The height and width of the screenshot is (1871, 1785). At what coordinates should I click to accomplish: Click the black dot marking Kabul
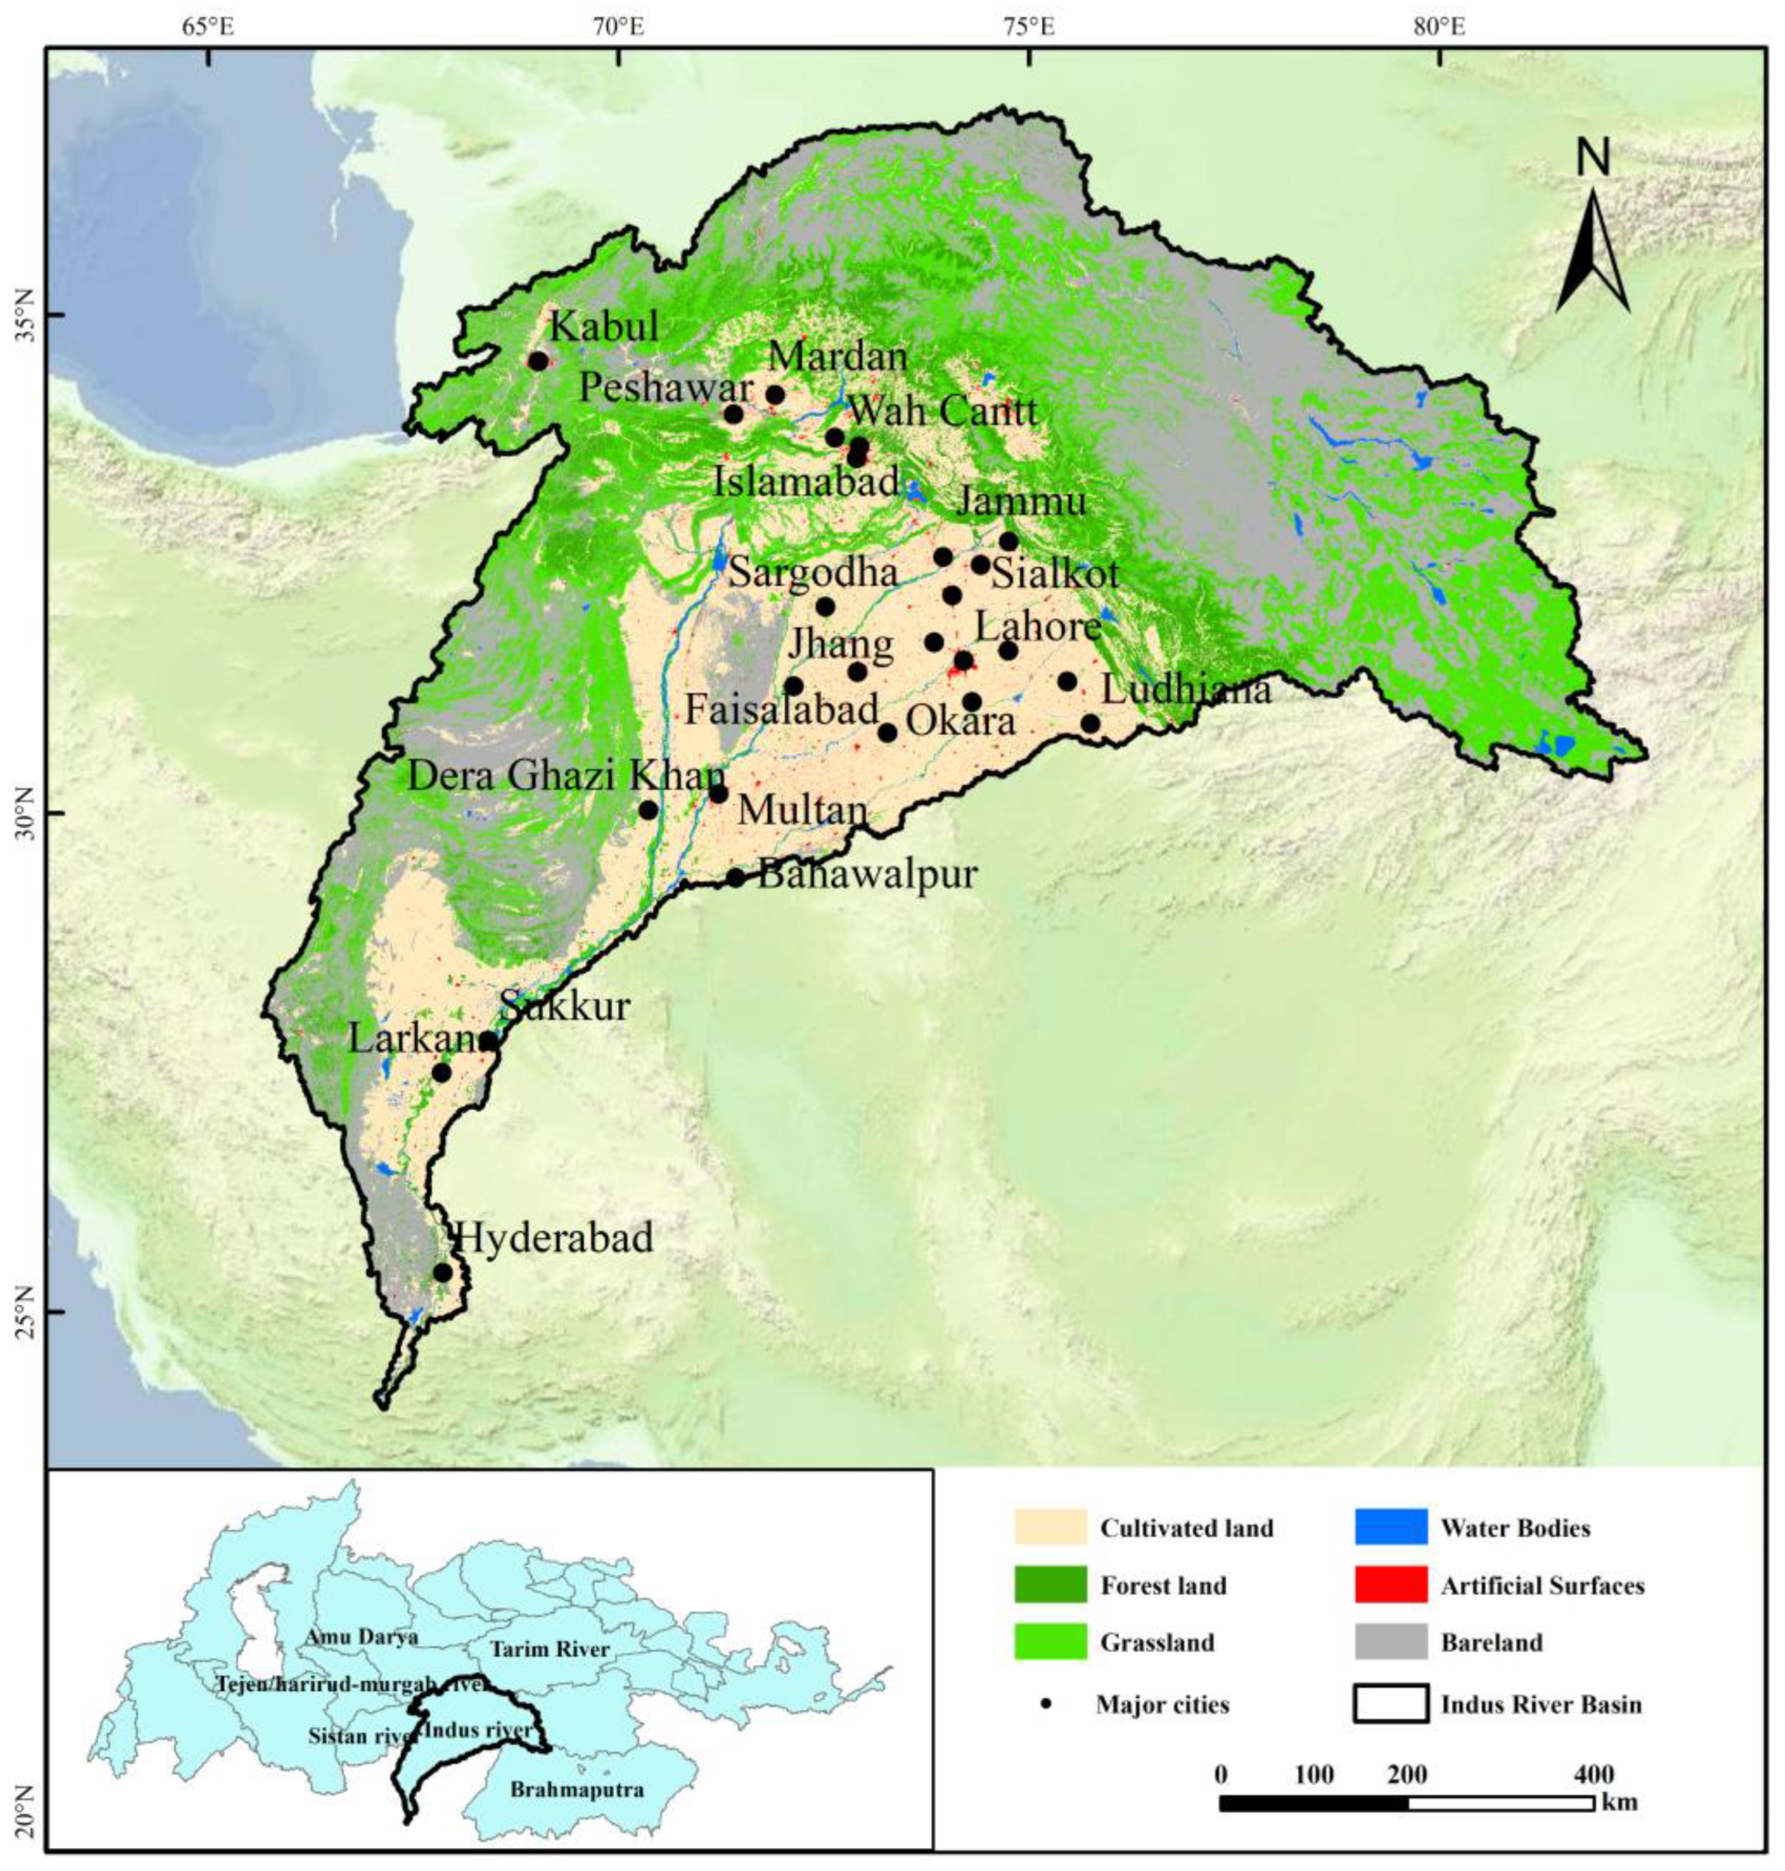(538, 361)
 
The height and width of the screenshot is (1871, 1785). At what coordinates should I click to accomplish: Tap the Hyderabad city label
(555, 1238)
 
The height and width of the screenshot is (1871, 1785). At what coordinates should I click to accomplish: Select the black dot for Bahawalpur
(736, 877)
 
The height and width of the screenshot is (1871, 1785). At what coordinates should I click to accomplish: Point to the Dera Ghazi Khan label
(567, 775)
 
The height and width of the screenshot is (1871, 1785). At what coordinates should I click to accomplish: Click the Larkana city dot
(441, 1073)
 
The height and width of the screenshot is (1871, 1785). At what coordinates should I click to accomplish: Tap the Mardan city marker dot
(775, 395)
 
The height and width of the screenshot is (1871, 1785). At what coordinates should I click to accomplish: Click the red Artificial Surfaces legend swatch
(1390, 1585)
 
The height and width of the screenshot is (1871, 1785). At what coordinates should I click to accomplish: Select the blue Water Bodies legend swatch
(1390, 1528)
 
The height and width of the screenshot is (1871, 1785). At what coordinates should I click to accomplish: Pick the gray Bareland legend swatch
(1390, 1641)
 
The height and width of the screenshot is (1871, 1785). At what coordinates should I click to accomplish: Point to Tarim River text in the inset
(549, 1650)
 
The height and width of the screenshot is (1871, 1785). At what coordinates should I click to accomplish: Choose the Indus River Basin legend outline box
(1390, 1704)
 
